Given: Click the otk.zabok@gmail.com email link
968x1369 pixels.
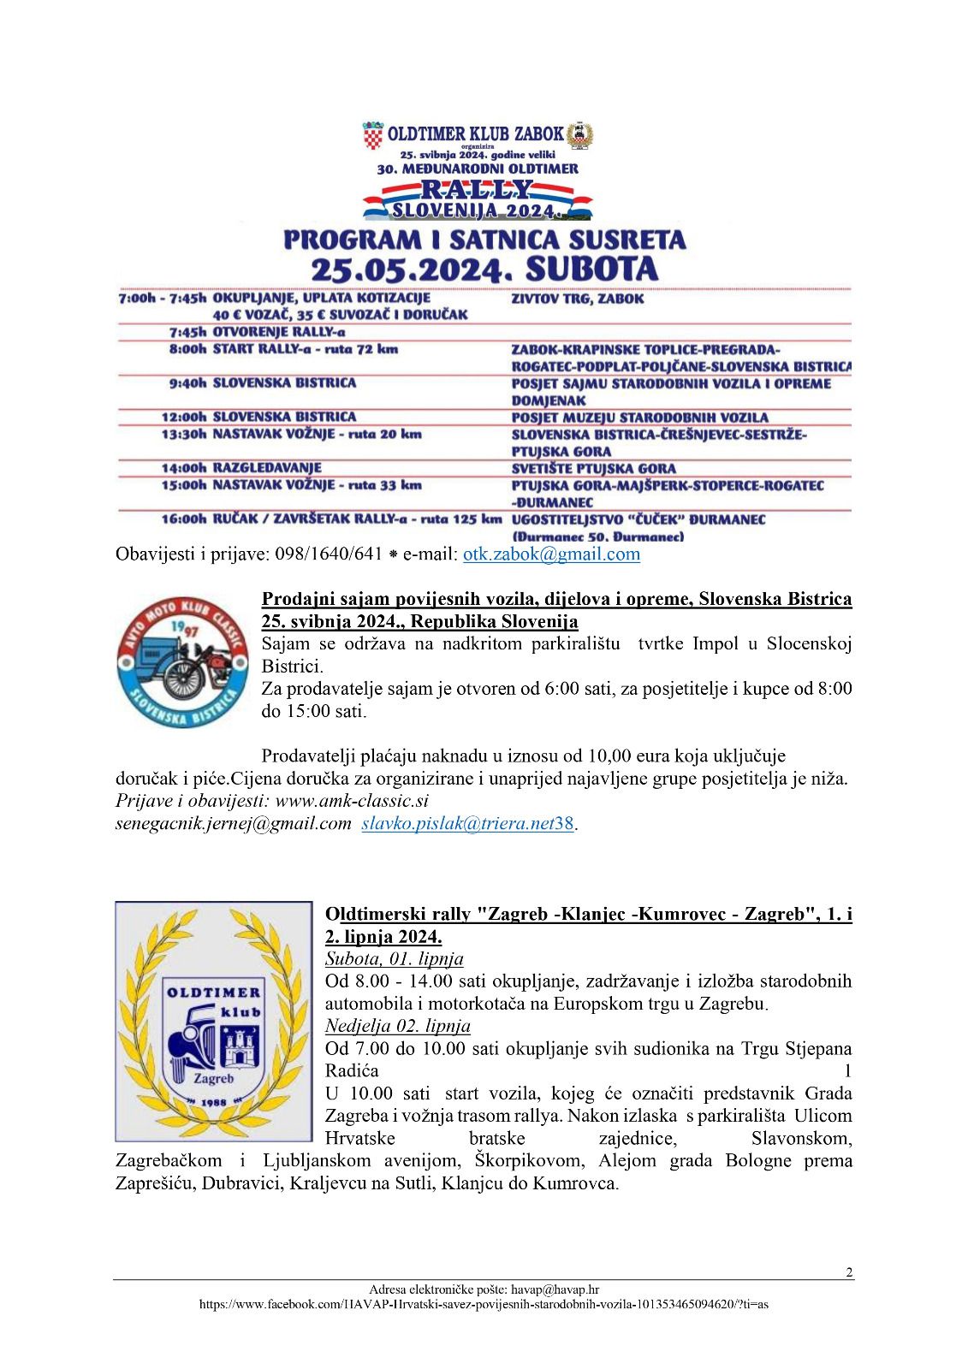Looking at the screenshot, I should [x=551, y=554].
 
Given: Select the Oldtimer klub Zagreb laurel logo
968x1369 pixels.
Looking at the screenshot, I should [x=214, y=1021].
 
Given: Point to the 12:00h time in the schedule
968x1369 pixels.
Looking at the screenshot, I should [x=184, y=417].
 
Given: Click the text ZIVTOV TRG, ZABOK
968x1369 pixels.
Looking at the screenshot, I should [x=577, y=299].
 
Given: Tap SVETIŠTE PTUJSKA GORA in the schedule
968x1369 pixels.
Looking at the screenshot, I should [x=593, y=469].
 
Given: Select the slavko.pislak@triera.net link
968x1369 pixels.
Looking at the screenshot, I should [x=458, y=824].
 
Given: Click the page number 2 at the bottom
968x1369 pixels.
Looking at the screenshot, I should [x=848, y=1272].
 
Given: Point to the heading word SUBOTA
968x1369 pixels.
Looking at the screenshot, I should [x=591, y=269].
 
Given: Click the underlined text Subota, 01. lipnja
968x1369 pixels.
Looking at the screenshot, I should [x=394, y=959].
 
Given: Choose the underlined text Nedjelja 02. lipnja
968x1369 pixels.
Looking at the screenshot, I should [x=397, y=1026].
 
